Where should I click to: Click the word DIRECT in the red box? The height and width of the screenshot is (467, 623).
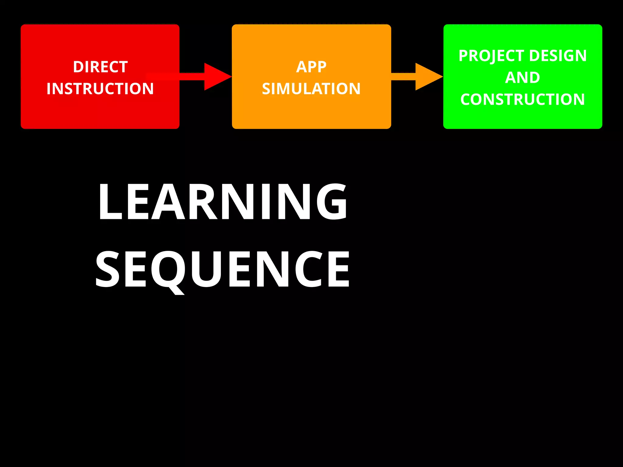pos(100,67)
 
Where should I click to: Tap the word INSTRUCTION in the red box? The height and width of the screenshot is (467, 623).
pos(100,89)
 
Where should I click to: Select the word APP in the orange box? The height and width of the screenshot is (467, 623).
pos(311,67)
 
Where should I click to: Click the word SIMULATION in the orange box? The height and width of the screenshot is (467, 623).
pos(311,89)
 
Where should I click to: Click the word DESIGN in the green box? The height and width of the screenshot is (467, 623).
pos(558,56)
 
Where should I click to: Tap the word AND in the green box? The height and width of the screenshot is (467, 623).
pos(523,78)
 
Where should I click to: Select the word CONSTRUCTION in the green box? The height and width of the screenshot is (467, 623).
pos(523,99)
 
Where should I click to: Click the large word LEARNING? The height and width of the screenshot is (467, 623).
pos(222,201)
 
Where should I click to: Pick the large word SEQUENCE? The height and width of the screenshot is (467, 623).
pos(222,269)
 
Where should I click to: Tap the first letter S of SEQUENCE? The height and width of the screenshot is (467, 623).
pos(108,269)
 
